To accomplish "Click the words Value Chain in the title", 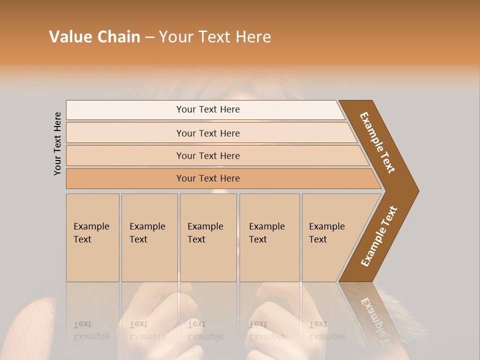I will click(x=94, y=37).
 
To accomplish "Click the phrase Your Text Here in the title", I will click(x=215, y=37).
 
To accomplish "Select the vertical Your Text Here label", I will click(x=57, y=143).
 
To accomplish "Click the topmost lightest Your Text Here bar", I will click(x=207, y=109).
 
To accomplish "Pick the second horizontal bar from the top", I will click(x=207, y=133).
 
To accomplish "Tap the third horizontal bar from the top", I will click(x=207, y=155).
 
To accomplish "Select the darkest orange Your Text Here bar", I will click(x=207, y=178).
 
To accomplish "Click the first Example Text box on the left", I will click(x=92, y=237).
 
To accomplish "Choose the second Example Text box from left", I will click(x=149, y=237).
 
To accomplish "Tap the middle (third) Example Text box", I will click(x=207, y=237).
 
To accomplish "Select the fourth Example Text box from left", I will click(x=269, y=237).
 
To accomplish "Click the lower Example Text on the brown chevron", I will click(x=379, y=236).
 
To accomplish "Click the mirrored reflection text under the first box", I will click(x=91, y=330).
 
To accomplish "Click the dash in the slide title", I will click(x=149, y=37).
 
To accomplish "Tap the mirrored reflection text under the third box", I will click(x=205, y=330).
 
